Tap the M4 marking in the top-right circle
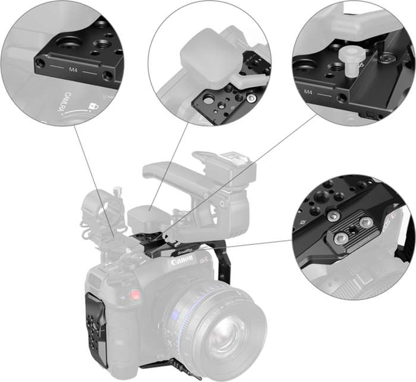[x=308, y=93]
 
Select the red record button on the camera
[x=135, y=295]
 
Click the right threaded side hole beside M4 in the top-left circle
[x=108, y=76]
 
